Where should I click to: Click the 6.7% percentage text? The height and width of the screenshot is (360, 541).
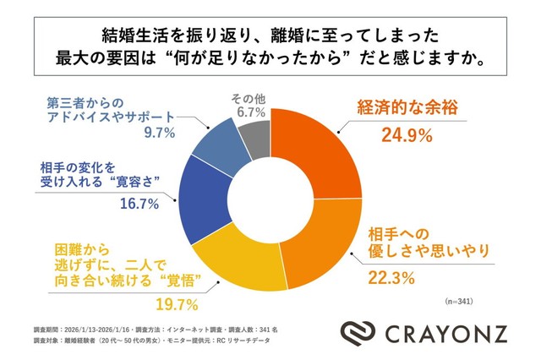coord(249,112)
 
